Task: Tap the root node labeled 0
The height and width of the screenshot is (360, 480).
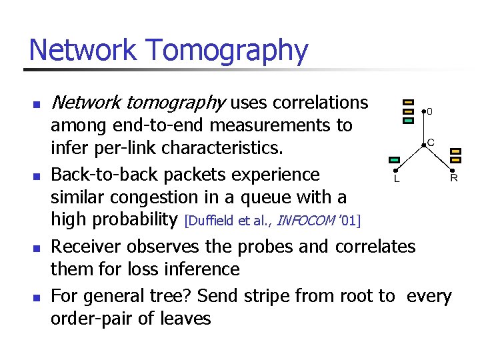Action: coord(423,111)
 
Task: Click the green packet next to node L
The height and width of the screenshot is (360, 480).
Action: coord(394,160)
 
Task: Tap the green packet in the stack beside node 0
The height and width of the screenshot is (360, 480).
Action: coord(409,121)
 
